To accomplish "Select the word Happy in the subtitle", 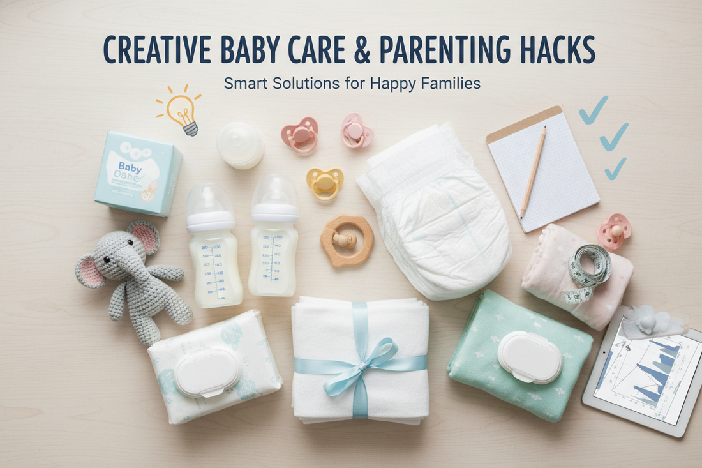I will pos(394,83).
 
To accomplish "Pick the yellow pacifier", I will pos(324,183).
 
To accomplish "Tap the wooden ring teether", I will pos(347,240).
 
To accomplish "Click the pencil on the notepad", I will pos(533,171).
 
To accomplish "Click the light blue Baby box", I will pos(138,173).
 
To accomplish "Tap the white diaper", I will pos(434,211).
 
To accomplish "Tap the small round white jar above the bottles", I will pos(240,145).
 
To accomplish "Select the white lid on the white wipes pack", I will pos(207,372).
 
